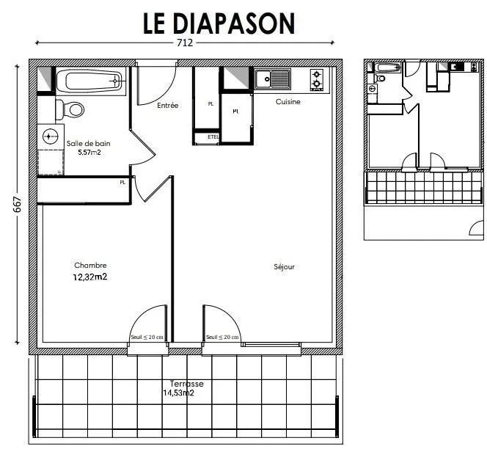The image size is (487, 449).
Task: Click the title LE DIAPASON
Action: (x=219, y=23)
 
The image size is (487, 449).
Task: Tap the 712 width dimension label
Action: (x=185, y=43)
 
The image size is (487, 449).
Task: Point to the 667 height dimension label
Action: (x=17, y=205)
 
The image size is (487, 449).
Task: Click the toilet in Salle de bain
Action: (x=71, y=110)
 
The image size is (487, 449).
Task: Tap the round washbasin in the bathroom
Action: (x=50, y=136)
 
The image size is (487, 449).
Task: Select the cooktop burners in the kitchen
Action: (x=318, y=79)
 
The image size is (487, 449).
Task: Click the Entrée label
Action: (x=168, y=106)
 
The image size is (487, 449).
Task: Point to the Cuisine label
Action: (x=288, y=102)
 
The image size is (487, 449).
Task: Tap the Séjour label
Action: (x=284, y=267)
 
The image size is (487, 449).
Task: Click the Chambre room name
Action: (x=90, y=266)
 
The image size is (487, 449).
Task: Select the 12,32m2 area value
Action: (x=90, y=277)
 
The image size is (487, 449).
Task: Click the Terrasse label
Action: (x=186, y=384)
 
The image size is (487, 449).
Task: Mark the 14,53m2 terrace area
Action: (x=178, y=393)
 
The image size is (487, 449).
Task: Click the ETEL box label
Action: (x=213, y=136)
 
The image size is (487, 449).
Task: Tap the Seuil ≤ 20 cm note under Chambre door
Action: (x=147, y=337)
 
